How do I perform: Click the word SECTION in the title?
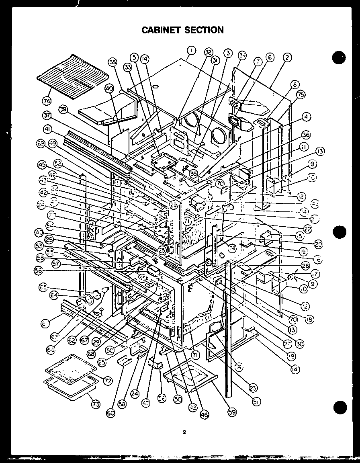coord(205,30)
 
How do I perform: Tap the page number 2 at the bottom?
coord(184,432)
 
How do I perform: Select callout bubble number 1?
coord(192,50)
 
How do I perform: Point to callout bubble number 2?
coord(287,58)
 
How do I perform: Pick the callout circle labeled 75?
coord(301,95)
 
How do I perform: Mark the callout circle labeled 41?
coord(48,130)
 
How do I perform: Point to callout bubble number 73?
coord(95,404)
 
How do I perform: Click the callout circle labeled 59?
coord(232,411)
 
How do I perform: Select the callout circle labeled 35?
coord(193,174)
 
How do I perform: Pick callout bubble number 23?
coord(253,388)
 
